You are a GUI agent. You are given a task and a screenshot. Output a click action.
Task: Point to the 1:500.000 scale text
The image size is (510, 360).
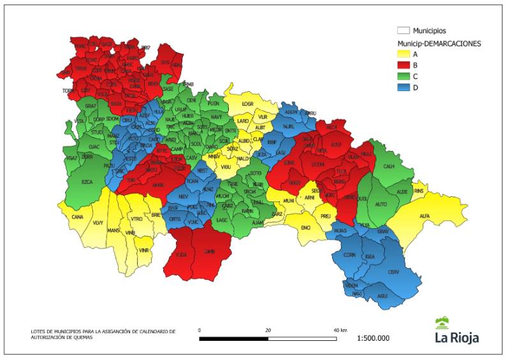(x=374, y=338)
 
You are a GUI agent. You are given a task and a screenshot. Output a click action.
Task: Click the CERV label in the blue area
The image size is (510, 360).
(x=393, y=272)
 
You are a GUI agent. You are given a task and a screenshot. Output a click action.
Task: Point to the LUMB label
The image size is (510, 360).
(x=209, y=252)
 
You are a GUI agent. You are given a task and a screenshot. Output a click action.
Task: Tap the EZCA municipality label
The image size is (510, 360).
(x=87, y=182)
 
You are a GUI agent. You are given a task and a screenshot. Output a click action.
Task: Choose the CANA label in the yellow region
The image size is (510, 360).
(x=78, y=217)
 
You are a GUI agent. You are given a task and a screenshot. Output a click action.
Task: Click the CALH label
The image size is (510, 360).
(x=389, y=166)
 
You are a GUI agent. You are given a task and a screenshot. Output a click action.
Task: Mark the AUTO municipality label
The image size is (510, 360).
(x=381, y=204)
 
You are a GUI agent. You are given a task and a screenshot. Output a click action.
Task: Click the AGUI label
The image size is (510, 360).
(x=382, y=296)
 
